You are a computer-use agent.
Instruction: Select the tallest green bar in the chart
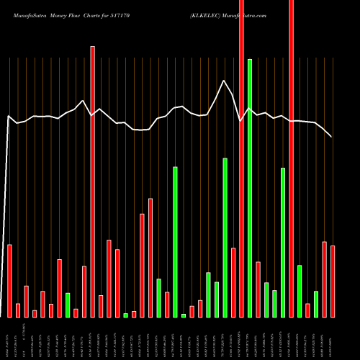[x=250, y=187]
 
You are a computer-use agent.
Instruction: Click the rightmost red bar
[x=333, y=282]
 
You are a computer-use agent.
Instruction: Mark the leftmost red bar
[x=10, y=281]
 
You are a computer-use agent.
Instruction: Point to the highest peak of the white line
[x=225, y=81]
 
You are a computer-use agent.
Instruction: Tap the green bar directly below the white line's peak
[x=225, y=238]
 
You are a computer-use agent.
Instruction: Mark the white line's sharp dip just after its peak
[x=240, y=120]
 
